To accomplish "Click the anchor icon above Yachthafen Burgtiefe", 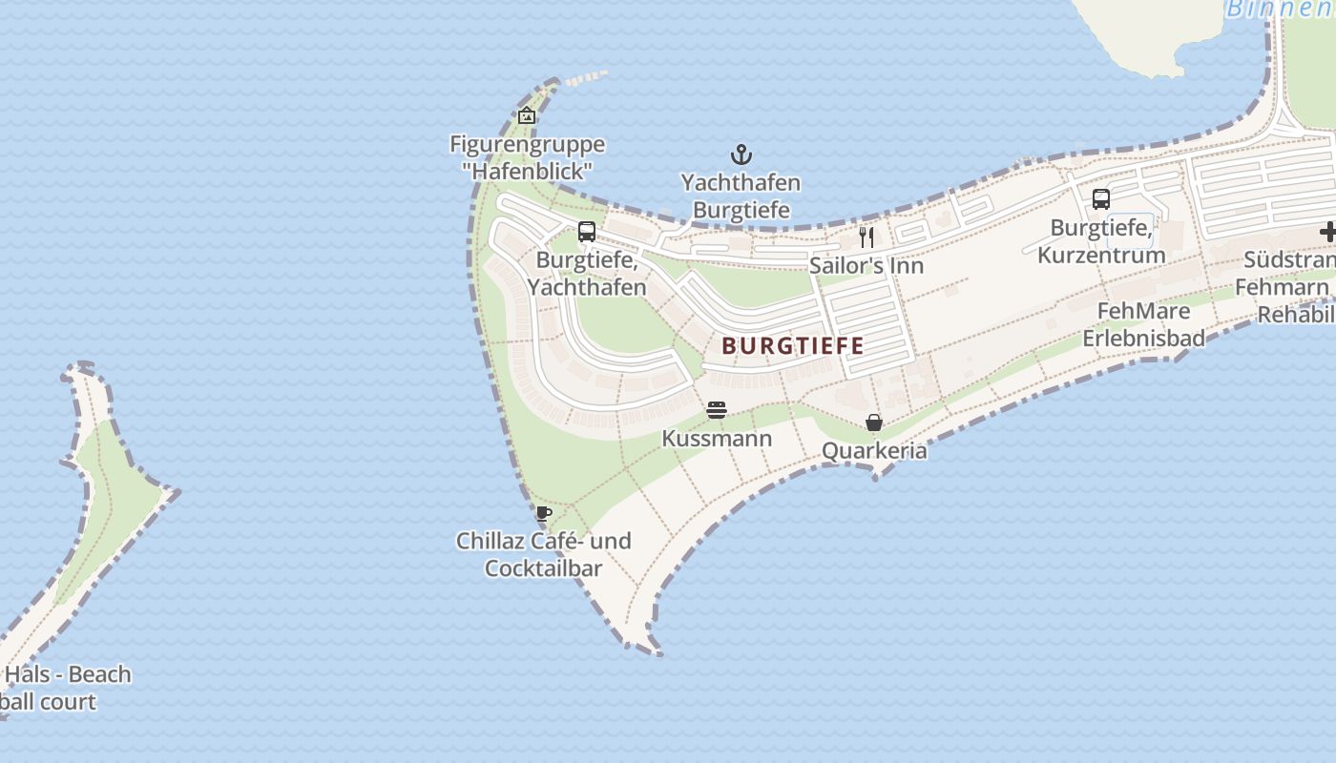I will point(741,155).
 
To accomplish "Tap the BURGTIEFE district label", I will point(793,345).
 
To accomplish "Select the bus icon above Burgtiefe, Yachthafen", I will point(587,232).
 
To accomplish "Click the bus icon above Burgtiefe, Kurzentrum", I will point(1100,199).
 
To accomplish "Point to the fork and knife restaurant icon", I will point(866,237).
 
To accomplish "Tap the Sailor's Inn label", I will point(866,265).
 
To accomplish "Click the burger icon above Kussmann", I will point(717,410).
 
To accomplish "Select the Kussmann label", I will point(717,439).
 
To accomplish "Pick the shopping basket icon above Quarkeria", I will point(873,423).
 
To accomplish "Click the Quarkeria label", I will point(873,450).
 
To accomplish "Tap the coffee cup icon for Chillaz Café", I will point(544,513).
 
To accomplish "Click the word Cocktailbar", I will point(543,568).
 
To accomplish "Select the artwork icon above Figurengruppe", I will point(527,115).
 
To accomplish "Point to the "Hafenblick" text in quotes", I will point(527,172).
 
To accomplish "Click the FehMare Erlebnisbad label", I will point(1143,324).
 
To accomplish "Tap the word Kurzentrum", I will point(1101,256).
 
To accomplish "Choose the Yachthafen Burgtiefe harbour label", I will point(741,196).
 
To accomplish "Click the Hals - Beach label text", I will point(68,674).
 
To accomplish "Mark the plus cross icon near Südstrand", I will point(1327,232).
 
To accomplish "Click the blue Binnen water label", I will point(1280,10).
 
